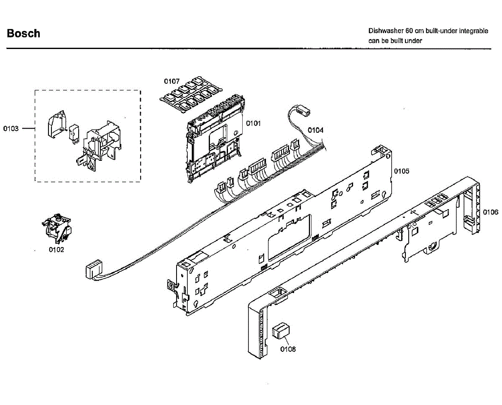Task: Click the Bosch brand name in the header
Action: click(23, 34)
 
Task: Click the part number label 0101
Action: click(253, 123)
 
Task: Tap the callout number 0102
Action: click(56, 250)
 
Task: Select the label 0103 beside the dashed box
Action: click(11, 129)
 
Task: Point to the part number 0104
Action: click(315, 130)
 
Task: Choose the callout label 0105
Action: click(401, 171)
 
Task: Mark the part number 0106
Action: click(491, 212)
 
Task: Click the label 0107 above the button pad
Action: click(172, 81)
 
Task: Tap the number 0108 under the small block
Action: click(288, 349)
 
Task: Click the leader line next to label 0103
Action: click(28, 129)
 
